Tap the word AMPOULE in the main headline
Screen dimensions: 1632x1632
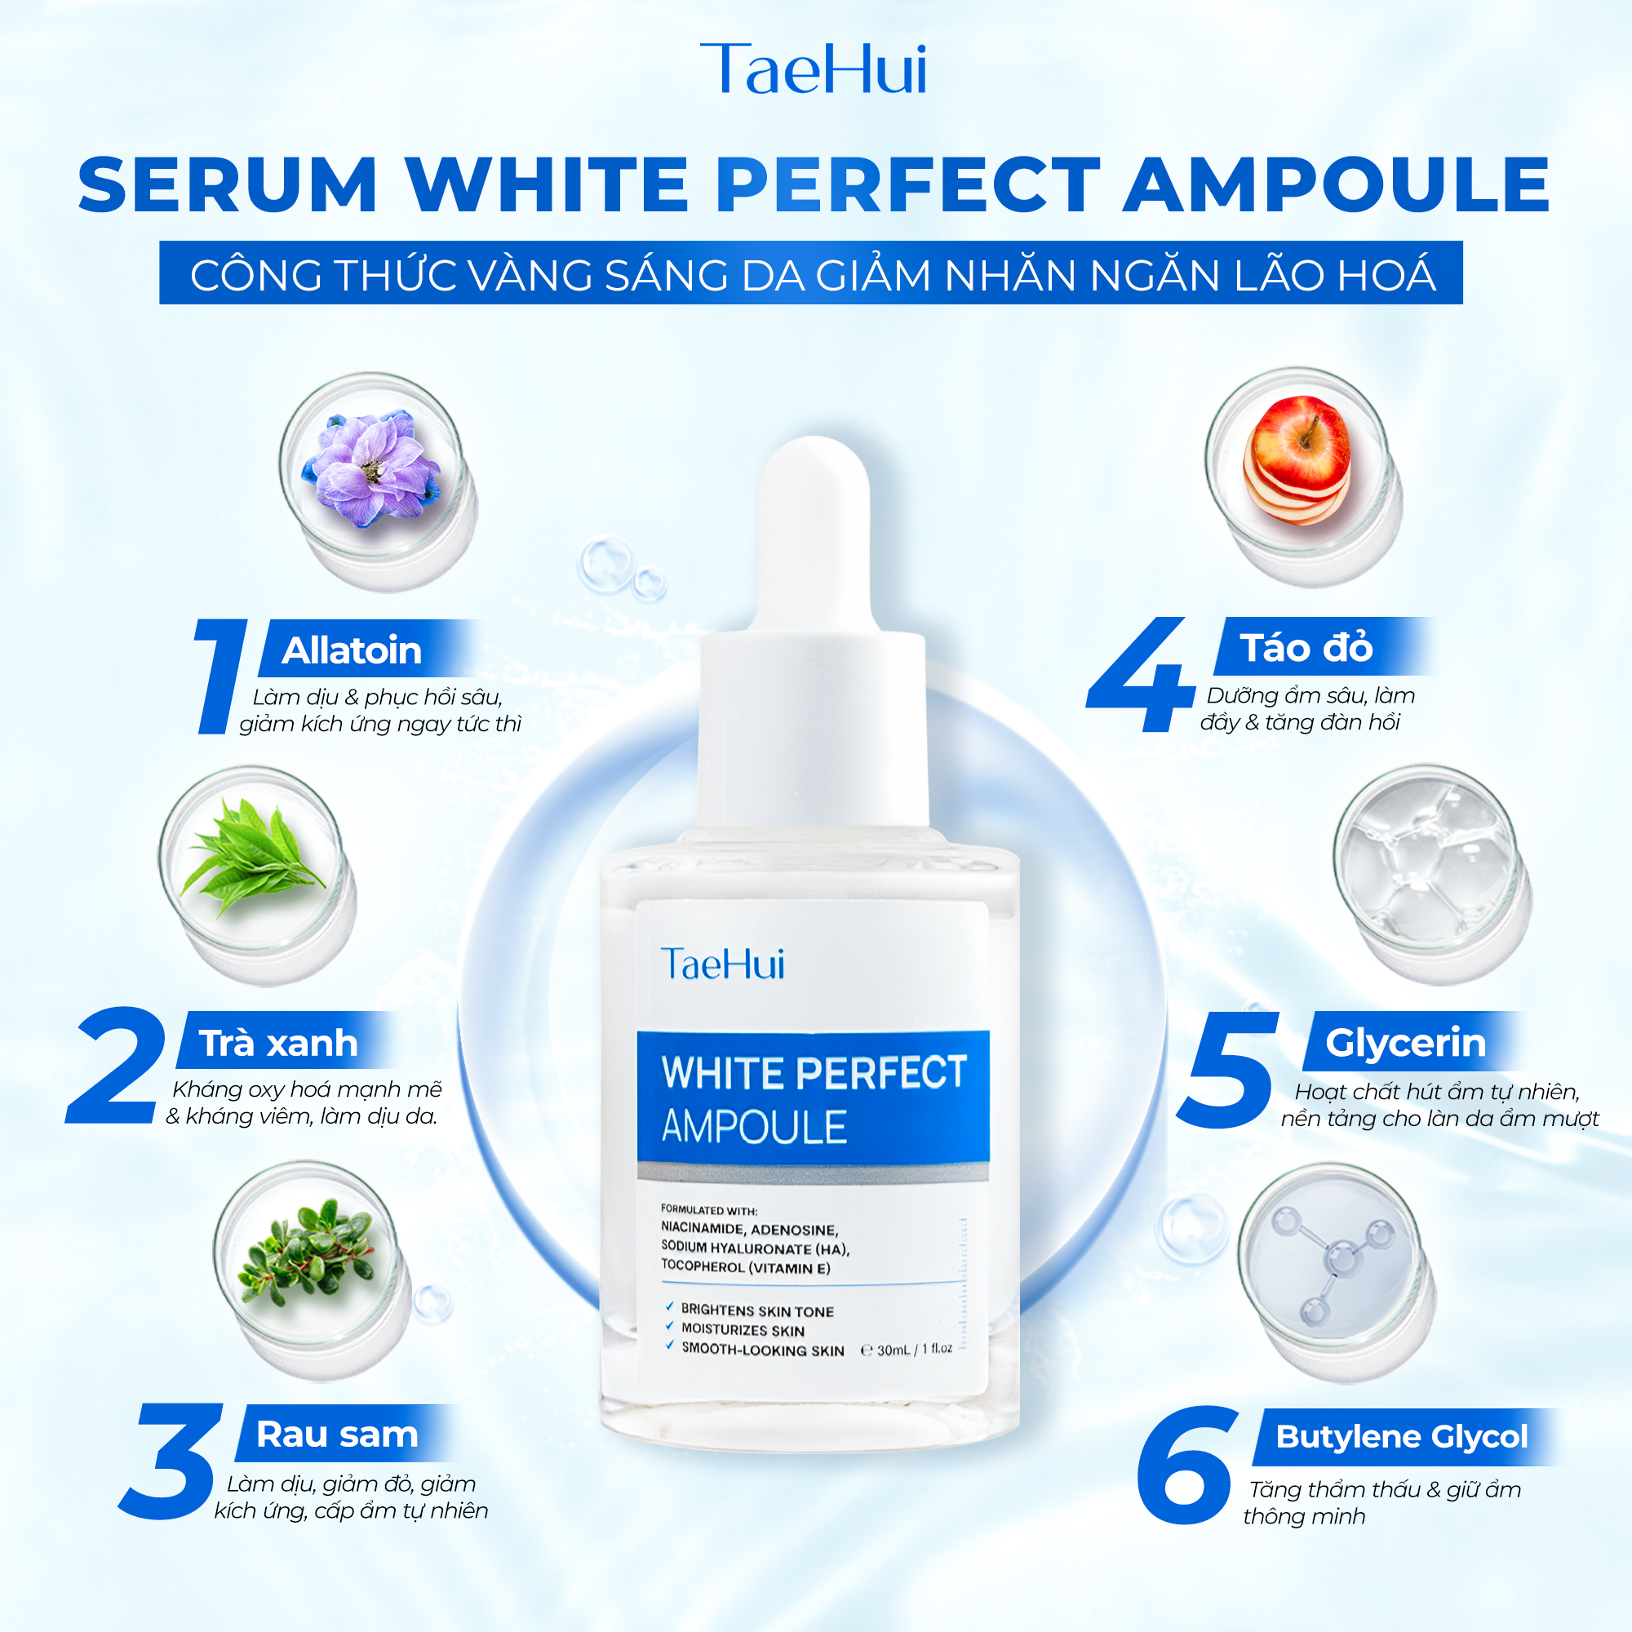point(1337,184)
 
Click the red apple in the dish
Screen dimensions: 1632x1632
point(1297,459)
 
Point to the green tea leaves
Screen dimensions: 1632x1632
point(254,855)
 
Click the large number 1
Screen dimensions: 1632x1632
point(220,676)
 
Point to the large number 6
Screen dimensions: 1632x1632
point(1184,1465)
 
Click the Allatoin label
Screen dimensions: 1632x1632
point(352,650)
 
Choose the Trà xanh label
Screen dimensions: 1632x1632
point(278,1043)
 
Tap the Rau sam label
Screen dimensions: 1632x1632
point(337,1435)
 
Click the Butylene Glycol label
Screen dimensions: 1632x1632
point(1401,1437)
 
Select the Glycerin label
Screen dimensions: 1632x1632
point(1406,1043)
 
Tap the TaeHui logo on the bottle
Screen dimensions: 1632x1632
point(722,964)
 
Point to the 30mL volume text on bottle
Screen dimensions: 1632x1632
point(906,1349)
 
